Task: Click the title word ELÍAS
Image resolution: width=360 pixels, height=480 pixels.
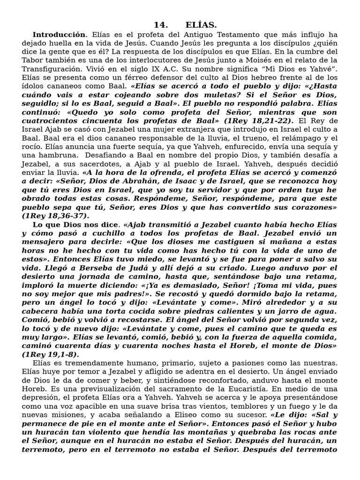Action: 201,25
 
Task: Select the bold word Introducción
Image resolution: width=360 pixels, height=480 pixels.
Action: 59,35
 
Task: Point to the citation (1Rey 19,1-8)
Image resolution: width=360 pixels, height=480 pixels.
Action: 51,354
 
